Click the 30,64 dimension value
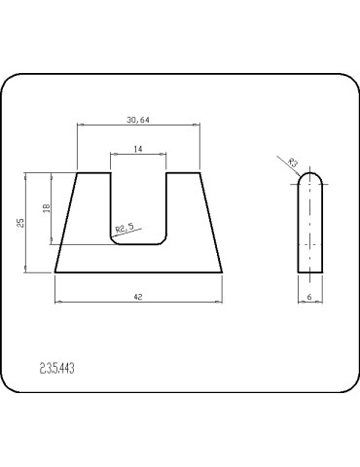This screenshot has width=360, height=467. [137, 120]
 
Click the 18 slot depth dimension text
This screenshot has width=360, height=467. [45, 208]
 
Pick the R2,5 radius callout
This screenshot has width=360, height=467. [125, 229]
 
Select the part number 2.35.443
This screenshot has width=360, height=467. [58, 368]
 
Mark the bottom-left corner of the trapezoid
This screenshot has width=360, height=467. [55, 273]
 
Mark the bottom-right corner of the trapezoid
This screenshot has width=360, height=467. [221, 273]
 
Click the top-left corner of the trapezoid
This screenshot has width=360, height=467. [77, 173]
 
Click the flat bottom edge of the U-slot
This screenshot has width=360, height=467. [138, 244]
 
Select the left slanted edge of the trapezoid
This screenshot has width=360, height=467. [66, 224]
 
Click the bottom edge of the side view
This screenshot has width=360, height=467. [310, 273]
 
